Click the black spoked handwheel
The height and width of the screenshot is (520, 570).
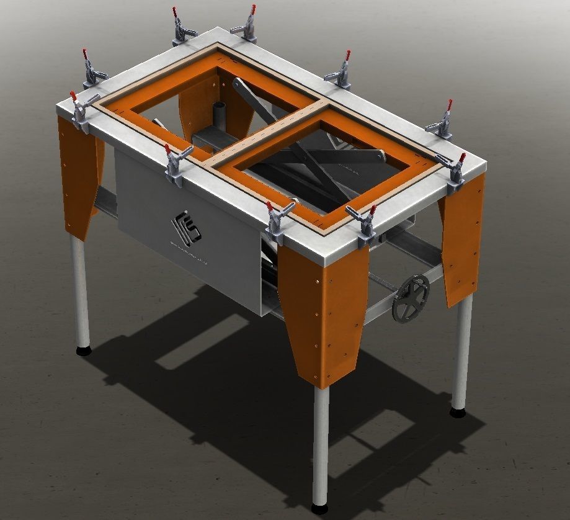[411, 298]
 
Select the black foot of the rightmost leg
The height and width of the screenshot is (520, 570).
[459, 410]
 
